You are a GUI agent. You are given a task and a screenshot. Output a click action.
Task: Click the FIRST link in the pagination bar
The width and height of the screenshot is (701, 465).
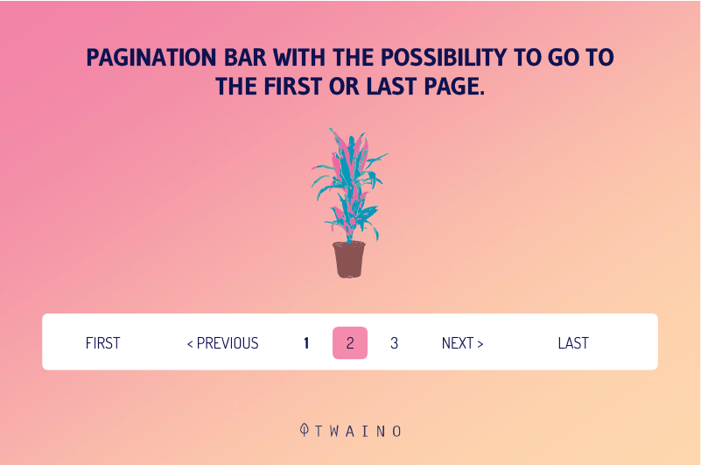[102, 343]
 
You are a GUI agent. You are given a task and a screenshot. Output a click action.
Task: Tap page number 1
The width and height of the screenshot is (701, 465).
[306, 343]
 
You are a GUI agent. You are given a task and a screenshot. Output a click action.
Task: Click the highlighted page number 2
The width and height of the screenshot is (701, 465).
[350, 342]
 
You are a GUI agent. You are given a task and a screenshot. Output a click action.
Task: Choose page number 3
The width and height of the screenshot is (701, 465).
[394, 343]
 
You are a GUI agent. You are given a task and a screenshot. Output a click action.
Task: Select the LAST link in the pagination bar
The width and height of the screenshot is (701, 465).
[573, 343]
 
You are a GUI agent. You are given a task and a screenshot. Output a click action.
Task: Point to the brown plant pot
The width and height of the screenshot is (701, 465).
[349, 259]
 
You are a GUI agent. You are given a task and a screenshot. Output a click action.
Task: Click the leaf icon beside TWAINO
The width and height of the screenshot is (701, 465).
[305, 430]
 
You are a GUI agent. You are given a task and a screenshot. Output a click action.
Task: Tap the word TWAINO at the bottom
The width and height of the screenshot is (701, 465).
[358, 431]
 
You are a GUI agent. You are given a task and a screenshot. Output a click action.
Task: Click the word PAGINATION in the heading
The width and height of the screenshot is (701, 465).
[151, 57]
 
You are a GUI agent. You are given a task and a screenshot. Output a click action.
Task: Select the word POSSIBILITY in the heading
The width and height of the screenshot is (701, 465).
[444, 57]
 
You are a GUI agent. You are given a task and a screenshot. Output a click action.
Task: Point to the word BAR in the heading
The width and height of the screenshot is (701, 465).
[245, 57]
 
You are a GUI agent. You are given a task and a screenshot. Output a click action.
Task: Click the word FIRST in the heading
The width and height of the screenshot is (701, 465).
[293, 87]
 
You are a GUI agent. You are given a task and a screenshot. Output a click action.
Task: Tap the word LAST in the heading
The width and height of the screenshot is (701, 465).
[391, 87]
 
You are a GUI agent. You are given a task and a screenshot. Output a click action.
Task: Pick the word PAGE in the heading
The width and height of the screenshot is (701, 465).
[454, 87]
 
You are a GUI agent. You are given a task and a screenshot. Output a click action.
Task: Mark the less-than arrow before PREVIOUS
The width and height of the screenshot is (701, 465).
[190, 344]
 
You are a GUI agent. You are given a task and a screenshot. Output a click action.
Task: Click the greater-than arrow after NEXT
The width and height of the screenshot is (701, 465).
[480, 344]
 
